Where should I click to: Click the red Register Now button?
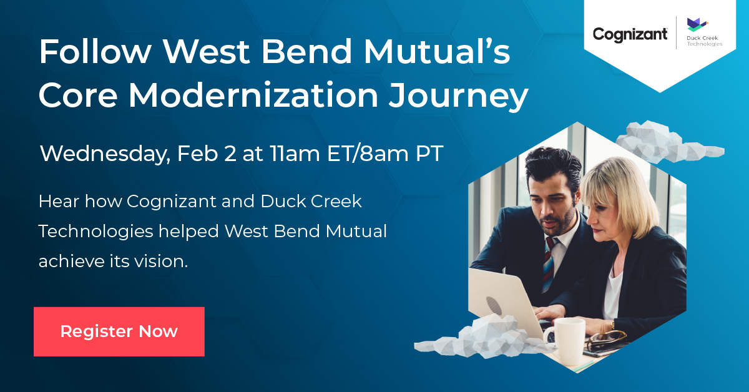(119, 331)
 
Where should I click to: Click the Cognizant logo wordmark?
(630, 35)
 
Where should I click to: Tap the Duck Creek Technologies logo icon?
(698, 25)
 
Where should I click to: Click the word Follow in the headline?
(95, 52)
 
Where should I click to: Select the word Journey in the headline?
(459, 96)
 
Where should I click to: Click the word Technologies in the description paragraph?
(96, 232)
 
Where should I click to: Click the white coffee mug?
(566, 340)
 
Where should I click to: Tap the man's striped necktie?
(549, 264)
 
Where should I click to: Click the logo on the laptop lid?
(494, 305)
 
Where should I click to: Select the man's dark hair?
(552, 167)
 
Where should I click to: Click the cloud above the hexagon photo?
(667, 142)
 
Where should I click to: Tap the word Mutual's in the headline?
(437, 52)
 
